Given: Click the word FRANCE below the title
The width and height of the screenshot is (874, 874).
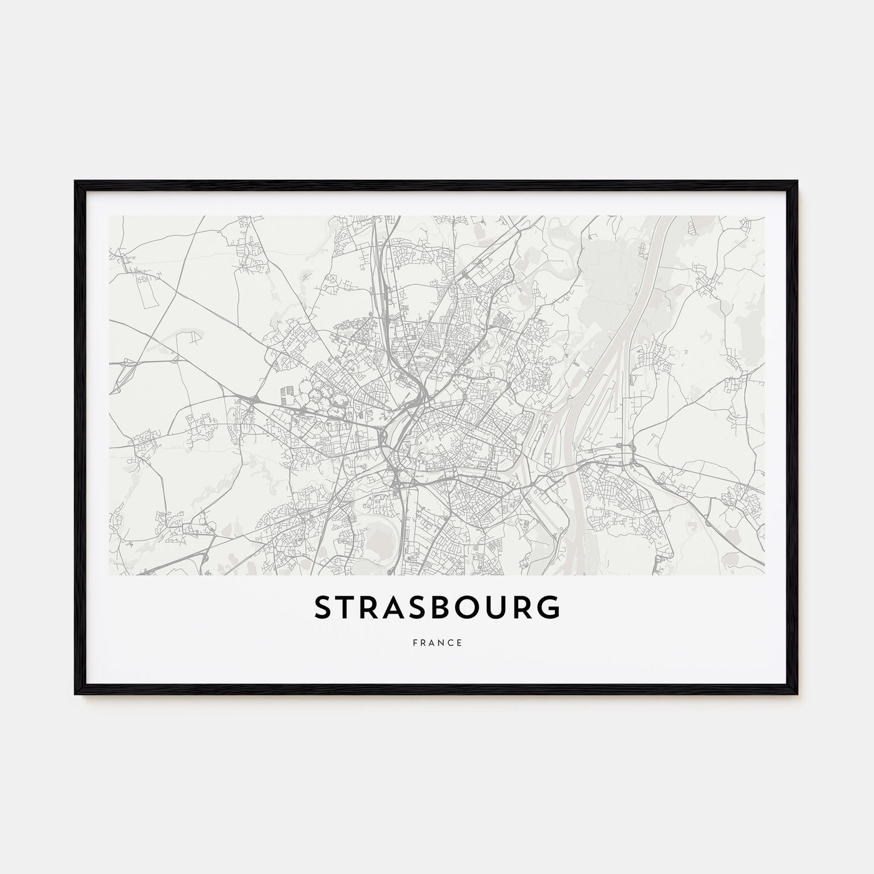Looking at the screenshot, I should pyautogui.click(x=437, y=642).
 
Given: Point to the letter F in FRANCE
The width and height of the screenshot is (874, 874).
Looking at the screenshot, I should pyautogui.click(x=415, y=642).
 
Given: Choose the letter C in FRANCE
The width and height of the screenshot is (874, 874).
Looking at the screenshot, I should pyautogui.click(x=451, y=642).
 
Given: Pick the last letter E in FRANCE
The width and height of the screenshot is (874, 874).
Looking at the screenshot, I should pyautogui.click(x=459, y=642).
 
